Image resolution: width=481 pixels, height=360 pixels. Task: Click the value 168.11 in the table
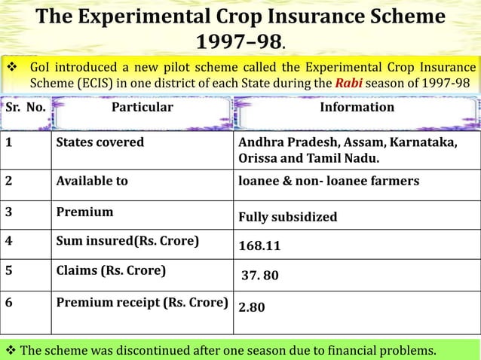259,246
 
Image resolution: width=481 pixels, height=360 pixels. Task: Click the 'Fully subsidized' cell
287,218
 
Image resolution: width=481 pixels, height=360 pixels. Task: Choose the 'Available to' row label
92,181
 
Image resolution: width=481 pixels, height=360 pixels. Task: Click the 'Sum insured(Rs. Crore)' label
127,241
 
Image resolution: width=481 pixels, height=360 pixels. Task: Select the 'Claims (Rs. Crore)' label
111,270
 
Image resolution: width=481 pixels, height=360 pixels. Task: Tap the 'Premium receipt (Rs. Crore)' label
142,303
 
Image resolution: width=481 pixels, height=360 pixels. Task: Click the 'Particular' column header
142,107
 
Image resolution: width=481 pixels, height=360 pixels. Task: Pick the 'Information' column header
357,107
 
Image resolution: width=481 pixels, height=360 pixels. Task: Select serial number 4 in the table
9,241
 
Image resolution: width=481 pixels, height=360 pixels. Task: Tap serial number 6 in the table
9,303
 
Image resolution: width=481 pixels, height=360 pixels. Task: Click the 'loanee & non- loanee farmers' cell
328,181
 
